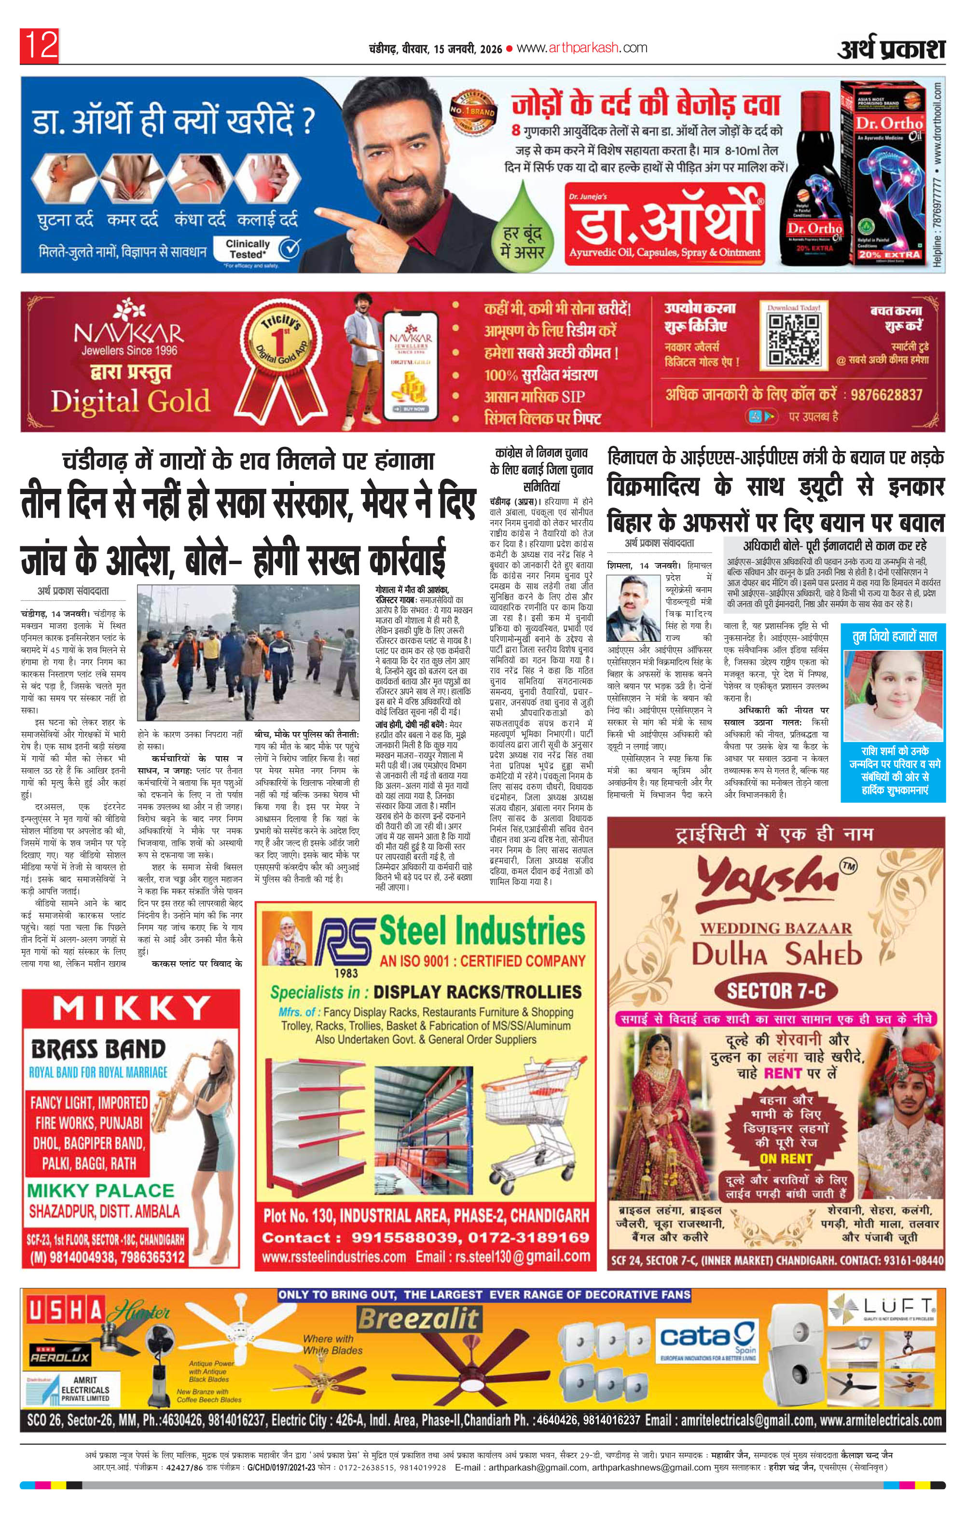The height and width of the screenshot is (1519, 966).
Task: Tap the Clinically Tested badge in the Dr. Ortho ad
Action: pos(259,249)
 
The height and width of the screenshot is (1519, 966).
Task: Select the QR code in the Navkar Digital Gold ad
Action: pos(794,341)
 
